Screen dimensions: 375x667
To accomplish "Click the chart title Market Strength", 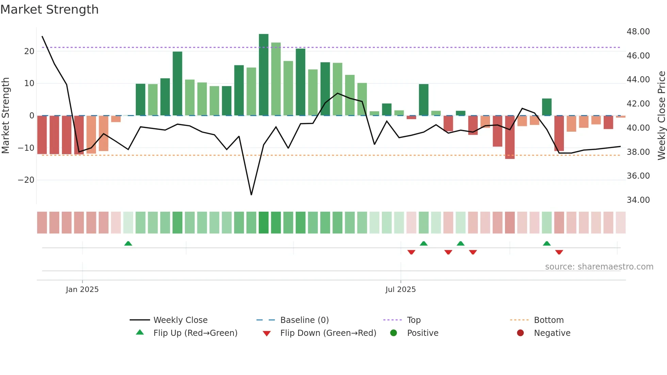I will (x=50, y=10).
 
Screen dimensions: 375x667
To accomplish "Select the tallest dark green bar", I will (x=263, y=75).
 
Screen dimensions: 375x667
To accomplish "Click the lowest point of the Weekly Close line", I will (x=251, y=195).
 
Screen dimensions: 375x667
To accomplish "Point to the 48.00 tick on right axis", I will (x=638, y=32).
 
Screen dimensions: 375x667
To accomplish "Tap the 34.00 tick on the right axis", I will (x=638, y=200).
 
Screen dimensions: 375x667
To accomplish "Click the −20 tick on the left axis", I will (x=26, y=180).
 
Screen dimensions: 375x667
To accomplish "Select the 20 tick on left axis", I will (x=29, y=51).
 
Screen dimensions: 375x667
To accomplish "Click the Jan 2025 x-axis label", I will (x=82, y=290).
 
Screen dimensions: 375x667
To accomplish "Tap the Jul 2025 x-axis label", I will (x=401, y=290).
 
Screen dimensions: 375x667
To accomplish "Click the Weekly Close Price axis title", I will (x=661, y=115).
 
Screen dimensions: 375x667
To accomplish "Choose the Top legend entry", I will (x=413, y=320).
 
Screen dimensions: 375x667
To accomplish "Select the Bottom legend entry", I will (x=549, y=320).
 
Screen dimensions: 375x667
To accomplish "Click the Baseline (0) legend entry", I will (x=304, y=320).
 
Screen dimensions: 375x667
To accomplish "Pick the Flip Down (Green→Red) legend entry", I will (x=328, y=333).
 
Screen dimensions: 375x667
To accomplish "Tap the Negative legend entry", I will (x=552, y=333).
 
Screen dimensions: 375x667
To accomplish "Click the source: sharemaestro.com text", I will (x=599, y=267).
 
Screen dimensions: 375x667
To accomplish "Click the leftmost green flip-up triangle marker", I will (x=128, y=244).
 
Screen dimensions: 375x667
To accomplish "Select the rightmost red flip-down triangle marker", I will (x=559, y=252).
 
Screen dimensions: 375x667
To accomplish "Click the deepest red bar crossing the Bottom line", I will (x=509, y=137).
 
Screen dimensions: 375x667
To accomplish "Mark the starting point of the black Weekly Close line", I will (x=42, y=36).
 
